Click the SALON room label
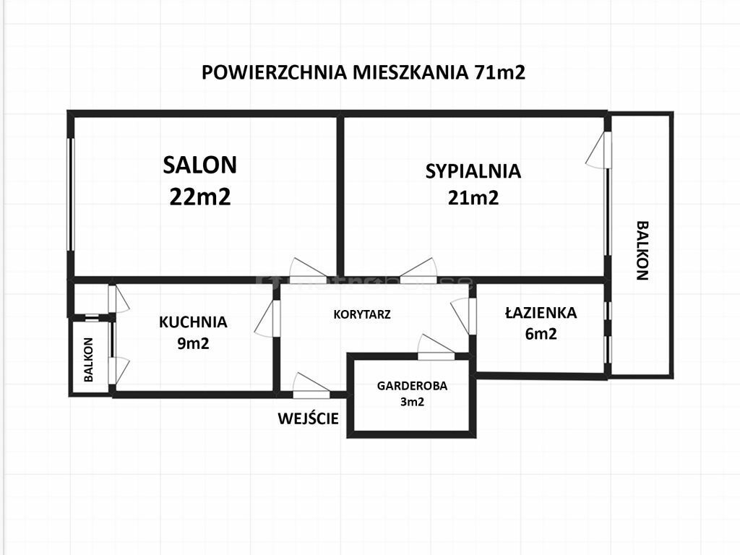pos(199,165)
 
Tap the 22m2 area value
pos(200,197)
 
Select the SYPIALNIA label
pos(473,171)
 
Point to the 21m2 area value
pos(473,197)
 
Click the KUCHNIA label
pos(193,322)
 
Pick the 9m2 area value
pos(193,343)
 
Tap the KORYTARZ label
pos(362,314)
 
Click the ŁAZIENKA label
pos(541,312)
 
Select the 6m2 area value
pos(541,334)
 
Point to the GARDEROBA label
pos(412,386)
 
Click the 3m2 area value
pos(412,402)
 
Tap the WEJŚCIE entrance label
pos(308,418)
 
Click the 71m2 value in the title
pos(497,73)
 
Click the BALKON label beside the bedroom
pos(642,251)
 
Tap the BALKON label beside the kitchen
pos(89,360)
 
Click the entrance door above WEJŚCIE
pos(311,384)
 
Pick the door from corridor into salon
pos(308,270)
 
